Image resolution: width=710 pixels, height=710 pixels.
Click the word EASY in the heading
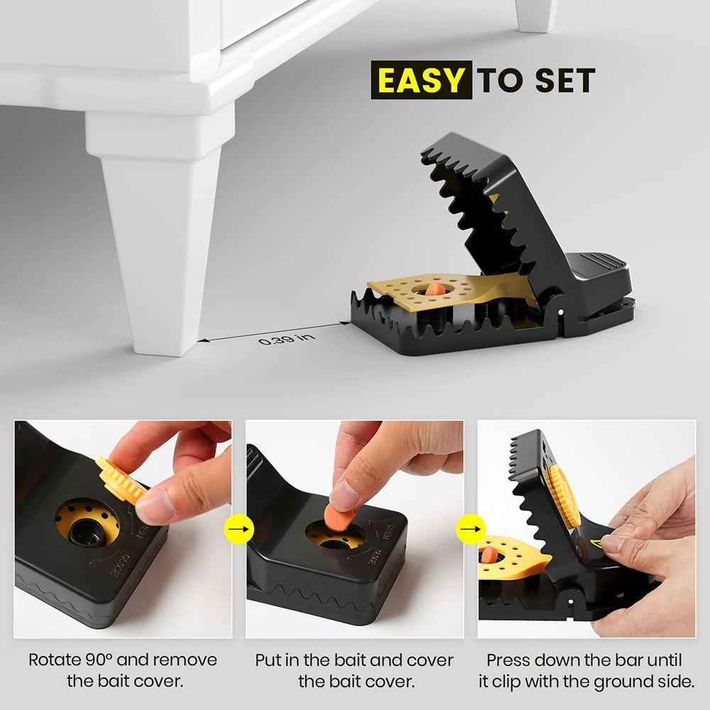(x=422, y=80)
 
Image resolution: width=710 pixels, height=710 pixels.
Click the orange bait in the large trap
(x=435, y=289)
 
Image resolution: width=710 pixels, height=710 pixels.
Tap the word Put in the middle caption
(x=268, y=660)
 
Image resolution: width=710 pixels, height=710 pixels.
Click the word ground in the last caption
(x=608, y=682)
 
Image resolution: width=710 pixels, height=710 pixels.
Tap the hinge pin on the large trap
(x=562, y=311)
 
